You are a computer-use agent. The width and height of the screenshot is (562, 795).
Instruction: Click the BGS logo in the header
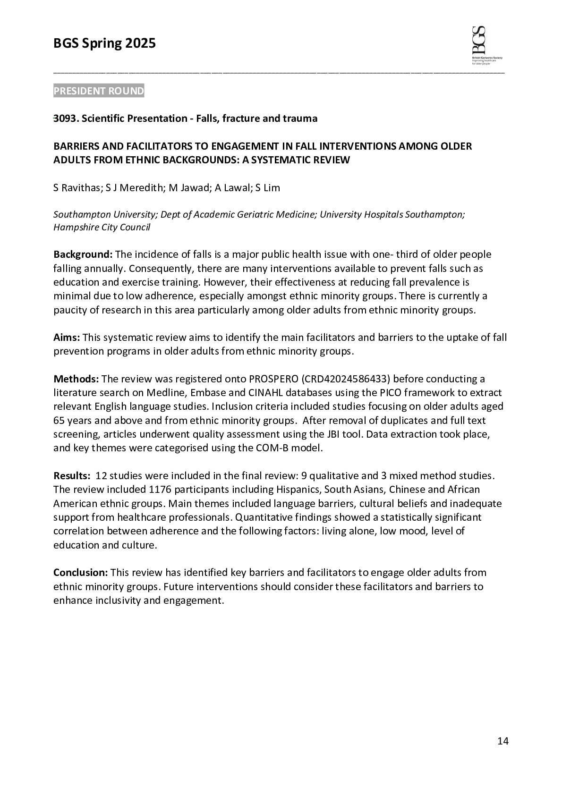point(486,45)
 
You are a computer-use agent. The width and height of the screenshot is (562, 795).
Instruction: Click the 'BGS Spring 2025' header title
point(104,44)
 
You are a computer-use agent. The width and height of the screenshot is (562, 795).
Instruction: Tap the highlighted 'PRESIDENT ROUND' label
point(99,91)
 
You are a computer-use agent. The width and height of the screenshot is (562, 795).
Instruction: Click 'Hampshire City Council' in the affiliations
point(102,228)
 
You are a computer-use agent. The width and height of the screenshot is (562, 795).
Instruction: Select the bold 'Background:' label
point(83,254)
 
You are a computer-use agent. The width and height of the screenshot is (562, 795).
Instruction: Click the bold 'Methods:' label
point(76,379)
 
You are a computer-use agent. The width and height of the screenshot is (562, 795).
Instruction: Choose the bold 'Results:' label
point(72,475)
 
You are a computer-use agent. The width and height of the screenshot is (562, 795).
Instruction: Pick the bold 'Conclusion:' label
point(81,573)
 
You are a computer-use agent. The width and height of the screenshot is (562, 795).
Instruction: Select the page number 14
point(503,741)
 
